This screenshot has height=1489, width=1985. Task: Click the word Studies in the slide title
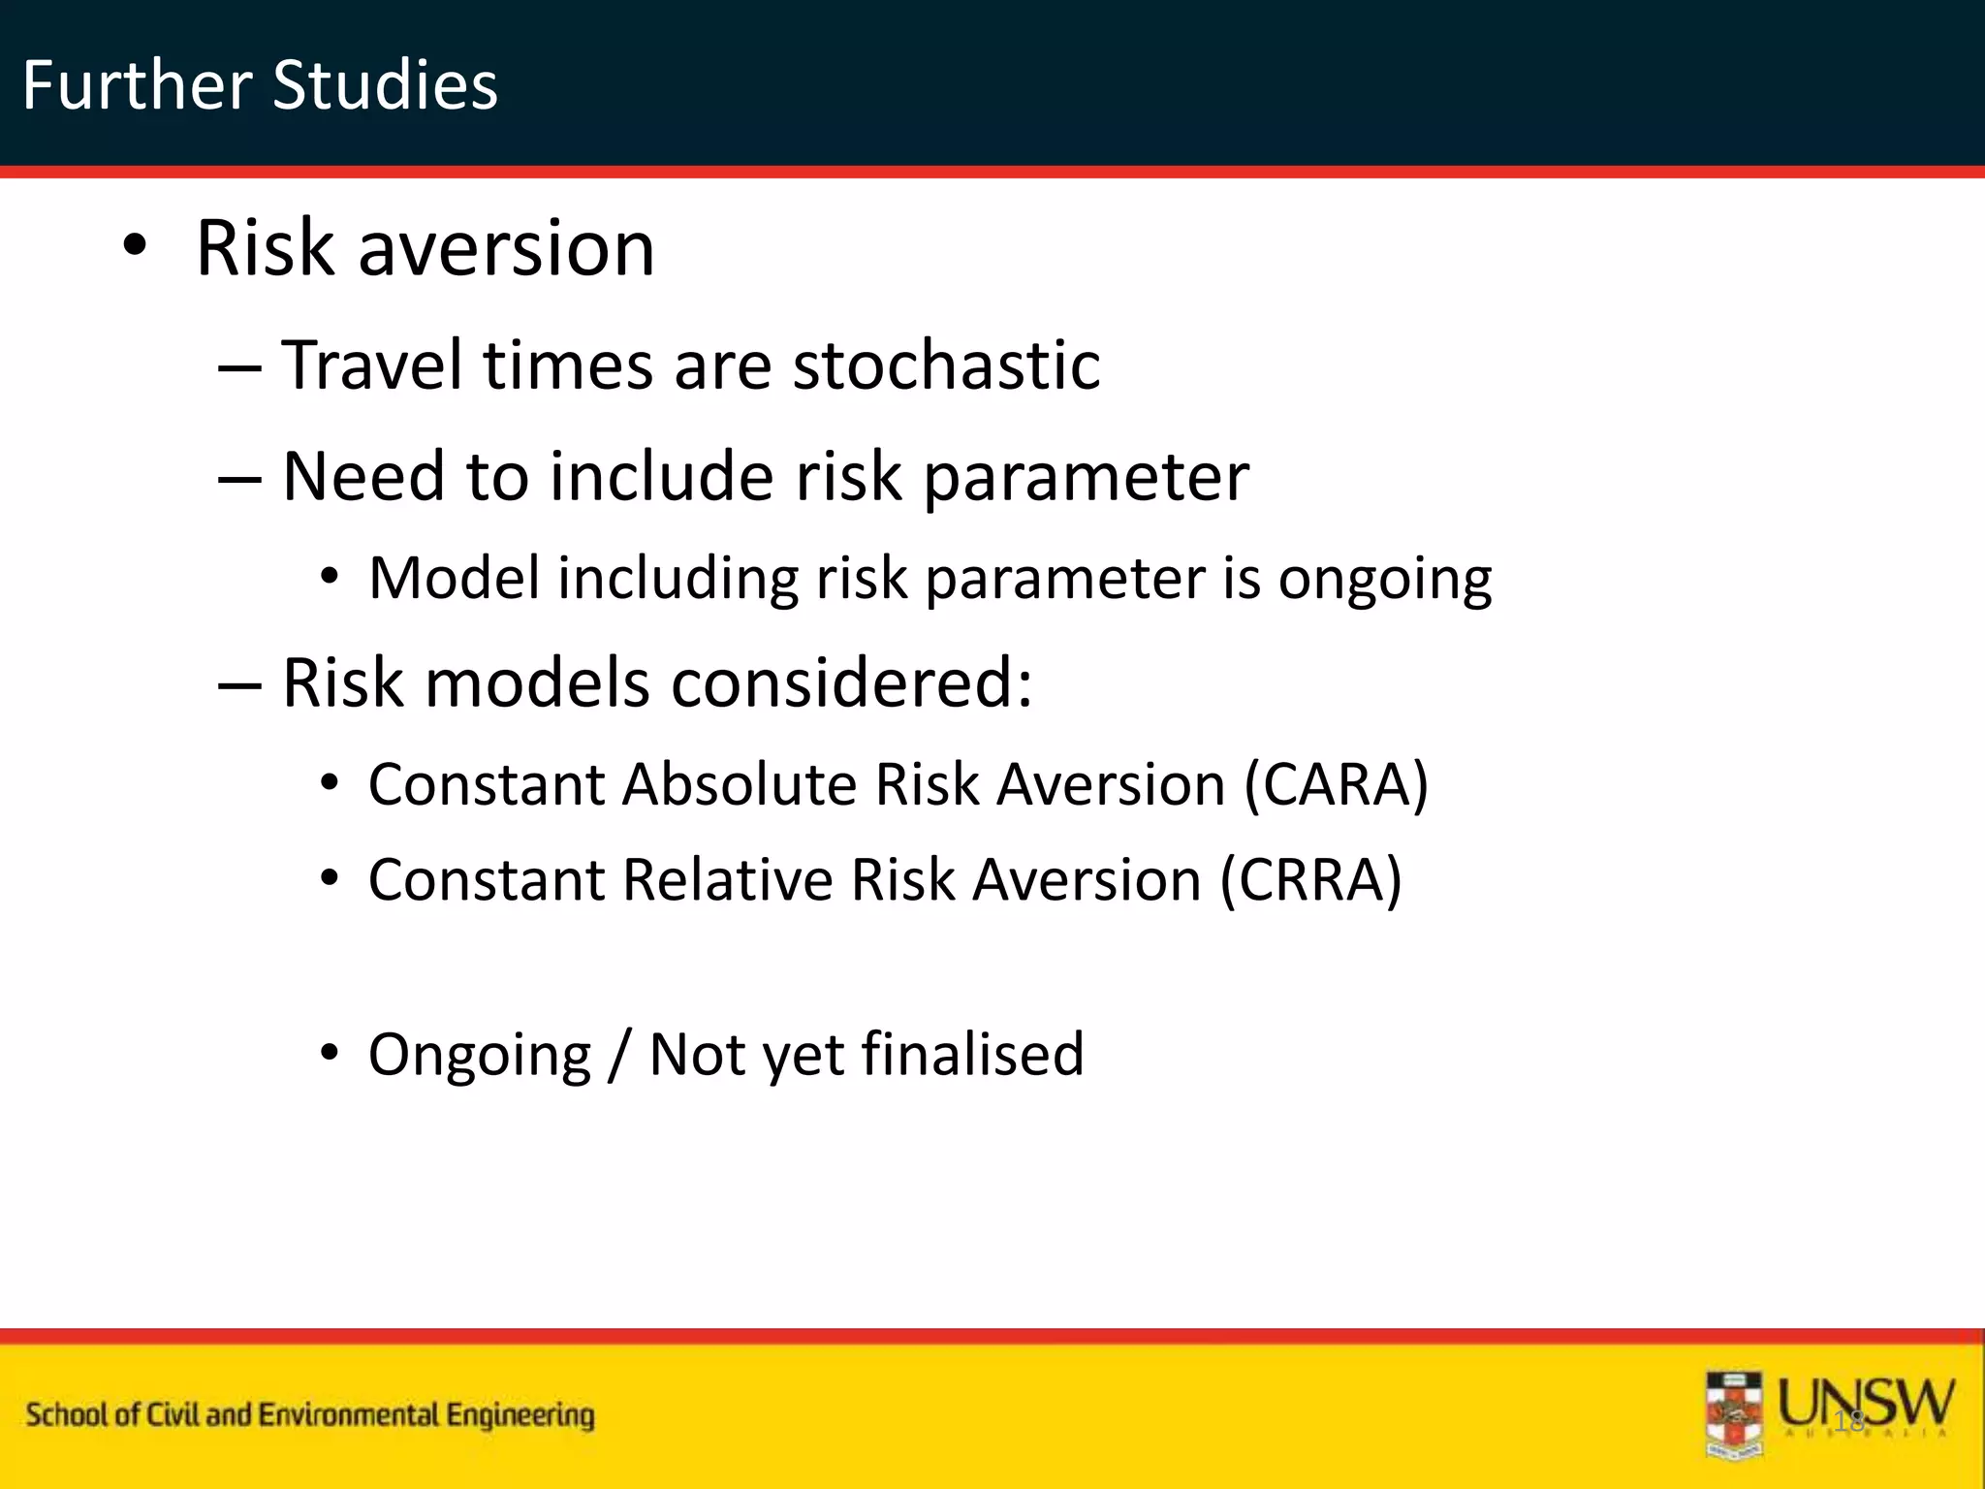point(385,85)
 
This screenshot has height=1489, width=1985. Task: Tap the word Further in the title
point(137,85)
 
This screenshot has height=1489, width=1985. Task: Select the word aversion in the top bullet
point(506,248)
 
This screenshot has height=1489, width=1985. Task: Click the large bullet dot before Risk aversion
point(135,246)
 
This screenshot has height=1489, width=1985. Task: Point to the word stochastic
point(946,365)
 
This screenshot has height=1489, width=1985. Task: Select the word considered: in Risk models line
point(851,683)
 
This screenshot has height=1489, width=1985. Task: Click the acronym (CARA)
point(1336,784)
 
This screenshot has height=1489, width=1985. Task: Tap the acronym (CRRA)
point(1310,880)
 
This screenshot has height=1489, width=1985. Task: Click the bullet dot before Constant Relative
point(331,878)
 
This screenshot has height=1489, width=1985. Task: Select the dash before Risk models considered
point(239,684)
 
